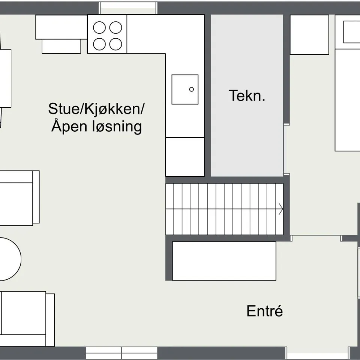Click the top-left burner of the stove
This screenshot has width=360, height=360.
[99, 28]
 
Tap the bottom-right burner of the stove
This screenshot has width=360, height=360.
[115, 44]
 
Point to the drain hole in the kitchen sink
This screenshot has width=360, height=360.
[192, 89]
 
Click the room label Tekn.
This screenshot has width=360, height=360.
[247, 96]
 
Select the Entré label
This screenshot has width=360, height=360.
[264, 311]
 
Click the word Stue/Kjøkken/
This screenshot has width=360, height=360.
[96, 109]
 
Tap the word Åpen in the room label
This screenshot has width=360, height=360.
[69, 126]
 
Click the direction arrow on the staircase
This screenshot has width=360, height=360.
[280, 209]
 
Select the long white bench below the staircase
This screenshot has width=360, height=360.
[224, 261]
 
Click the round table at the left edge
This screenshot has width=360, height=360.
[9, 259]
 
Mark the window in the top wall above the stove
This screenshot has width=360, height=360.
[127, 8]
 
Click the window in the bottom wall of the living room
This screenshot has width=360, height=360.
[121, 353]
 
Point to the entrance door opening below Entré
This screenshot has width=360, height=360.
[317, 353]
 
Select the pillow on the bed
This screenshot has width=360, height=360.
[352, 32]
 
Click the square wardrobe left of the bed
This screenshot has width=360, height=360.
[309, 34]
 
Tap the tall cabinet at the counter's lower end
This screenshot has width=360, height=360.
[185, 157]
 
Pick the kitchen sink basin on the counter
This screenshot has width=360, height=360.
[185, 89]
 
